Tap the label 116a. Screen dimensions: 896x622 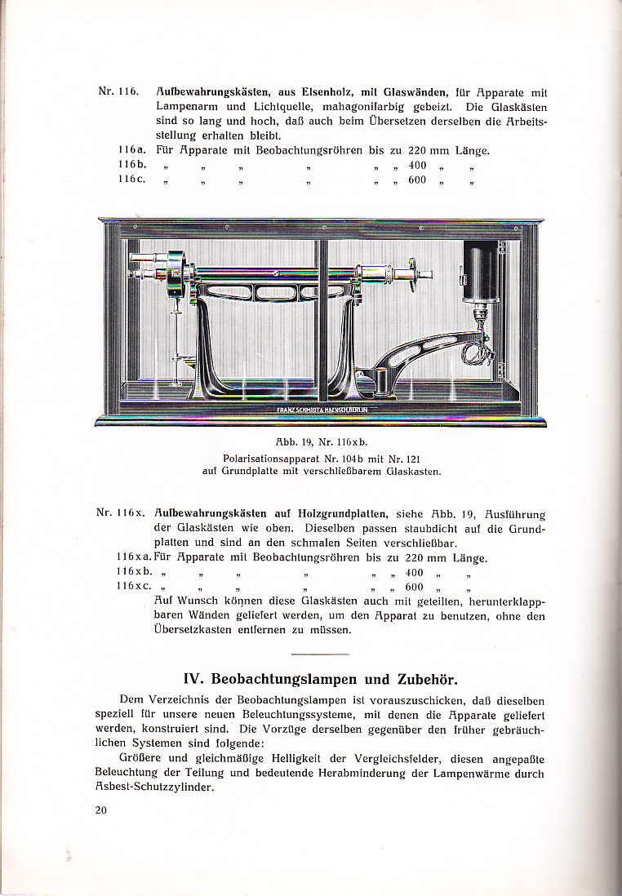coord(131,150)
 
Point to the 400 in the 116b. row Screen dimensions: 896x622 coord(417,165)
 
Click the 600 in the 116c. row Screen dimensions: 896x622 coord(417,180)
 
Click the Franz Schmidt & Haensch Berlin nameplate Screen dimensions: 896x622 coord(320,409)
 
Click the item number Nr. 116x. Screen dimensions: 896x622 coord(120,513)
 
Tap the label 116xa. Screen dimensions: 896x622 coord(135,557)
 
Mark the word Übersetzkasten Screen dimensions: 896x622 coord(198,630)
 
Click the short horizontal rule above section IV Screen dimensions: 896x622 coord(319,654)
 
